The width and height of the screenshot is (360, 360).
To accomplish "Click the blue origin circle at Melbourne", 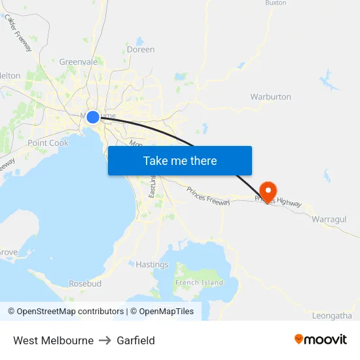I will click(93, 117).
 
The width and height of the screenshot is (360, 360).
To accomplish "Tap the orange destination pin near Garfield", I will click(268, 190).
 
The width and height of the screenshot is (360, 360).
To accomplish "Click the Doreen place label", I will click(141, 49).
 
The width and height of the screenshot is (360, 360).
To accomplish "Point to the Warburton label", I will click(270, 97).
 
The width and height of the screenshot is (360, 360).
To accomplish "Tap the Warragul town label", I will click(329, 219).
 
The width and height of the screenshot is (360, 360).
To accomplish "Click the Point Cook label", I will click(48, 143).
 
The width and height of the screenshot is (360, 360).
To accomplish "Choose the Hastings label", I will click(152, 264).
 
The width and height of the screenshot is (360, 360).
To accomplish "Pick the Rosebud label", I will click(85, 284).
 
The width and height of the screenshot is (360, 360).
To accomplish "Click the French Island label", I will click(199, 283).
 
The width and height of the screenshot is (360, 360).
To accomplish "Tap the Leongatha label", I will click(332, 315).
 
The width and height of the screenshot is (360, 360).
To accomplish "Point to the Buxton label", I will click(276, 3).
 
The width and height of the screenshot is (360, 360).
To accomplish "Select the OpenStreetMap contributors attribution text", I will click(66, 312).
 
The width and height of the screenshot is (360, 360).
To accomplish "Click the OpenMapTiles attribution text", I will click(162, 312).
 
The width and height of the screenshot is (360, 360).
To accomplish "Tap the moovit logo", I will click(320, 340).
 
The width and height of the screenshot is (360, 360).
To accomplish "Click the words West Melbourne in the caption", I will click(53, 340).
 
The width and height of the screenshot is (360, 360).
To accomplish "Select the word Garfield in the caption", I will click(135, 340).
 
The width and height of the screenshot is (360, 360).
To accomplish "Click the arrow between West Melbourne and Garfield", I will click(105, 340).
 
